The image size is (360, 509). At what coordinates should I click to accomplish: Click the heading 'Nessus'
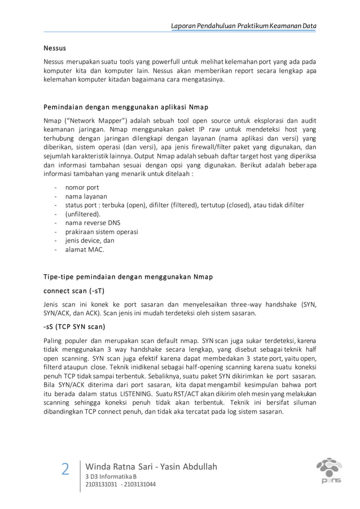[55, 49]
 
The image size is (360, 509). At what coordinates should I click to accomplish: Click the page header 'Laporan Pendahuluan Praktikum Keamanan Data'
[244, 26]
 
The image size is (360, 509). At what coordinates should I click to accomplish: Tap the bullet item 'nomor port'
[82, 187]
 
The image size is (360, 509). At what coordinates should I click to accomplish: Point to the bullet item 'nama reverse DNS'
[93, 223]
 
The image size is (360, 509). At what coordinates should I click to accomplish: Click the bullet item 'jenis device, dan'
[90, 240]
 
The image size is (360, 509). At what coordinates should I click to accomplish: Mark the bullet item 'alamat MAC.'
[85, 249]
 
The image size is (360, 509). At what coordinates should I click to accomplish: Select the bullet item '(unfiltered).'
[83, 214]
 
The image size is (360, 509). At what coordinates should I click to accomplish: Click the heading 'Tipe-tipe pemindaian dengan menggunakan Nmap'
[128, 277]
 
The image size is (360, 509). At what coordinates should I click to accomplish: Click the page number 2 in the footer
[65, 469]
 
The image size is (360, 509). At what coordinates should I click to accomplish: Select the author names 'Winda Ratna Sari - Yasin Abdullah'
[151, 466]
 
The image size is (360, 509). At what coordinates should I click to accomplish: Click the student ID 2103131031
[101, 484]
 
